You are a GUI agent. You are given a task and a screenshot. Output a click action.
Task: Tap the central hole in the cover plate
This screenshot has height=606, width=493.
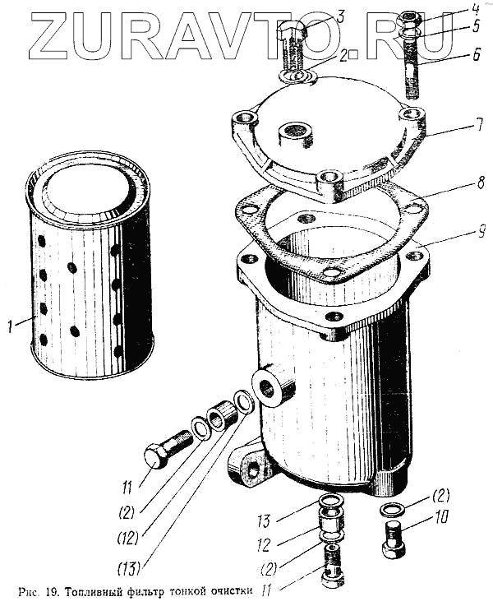293,132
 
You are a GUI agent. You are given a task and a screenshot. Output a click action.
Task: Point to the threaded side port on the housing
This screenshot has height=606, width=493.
273,383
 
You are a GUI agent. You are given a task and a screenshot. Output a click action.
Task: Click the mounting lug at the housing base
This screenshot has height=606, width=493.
249,466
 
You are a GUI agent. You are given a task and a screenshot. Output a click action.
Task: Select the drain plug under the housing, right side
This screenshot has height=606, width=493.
394,537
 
